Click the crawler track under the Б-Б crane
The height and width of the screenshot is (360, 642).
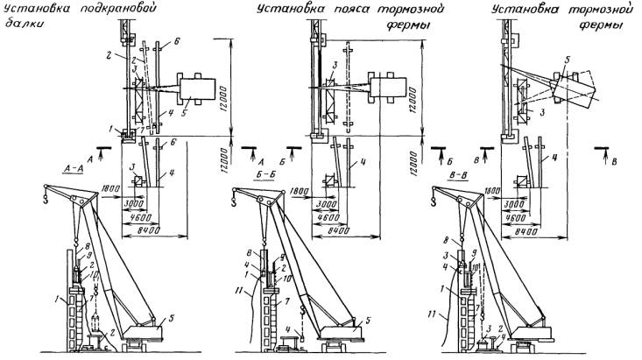337,347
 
